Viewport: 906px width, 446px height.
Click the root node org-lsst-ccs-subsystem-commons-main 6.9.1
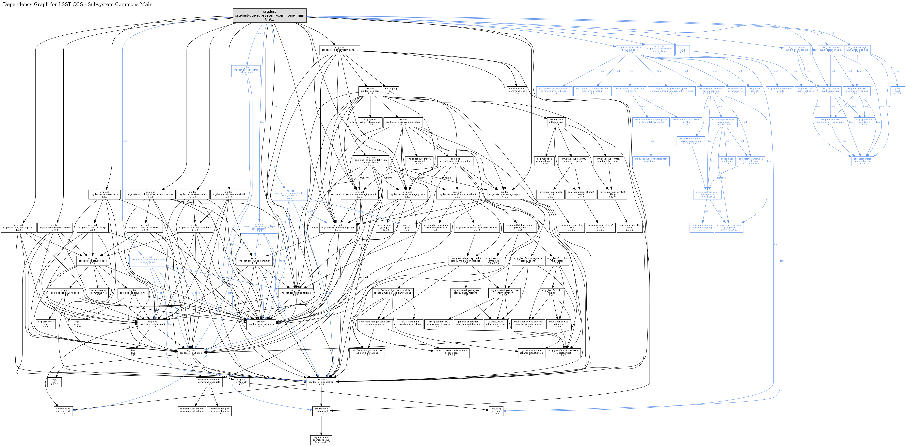[269, 15]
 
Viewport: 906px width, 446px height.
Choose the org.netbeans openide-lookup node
[321, 440]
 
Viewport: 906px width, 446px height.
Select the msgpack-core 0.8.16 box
[544, 161]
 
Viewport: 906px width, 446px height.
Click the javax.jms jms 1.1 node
[407, 227]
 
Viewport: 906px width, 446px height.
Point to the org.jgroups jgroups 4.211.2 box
[384, 227]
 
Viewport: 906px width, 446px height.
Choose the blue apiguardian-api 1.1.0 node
[862, 161]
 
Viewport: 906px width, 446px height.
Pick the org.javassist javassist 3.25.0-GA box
[493, 261]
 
